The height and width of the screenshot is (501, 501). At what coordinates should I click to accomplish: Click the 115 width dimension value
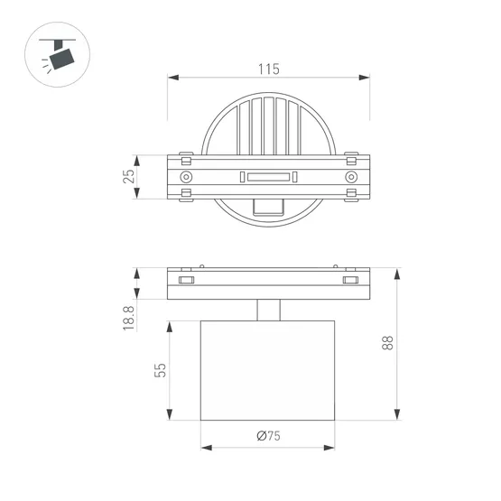click(x=268, y=69)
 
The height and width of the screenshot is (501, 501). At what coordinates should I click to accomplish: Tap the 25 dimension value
click(x=128, y=176)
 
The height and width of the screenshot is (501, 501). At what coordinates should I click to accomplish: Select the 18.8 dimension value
click(x=128, y=318)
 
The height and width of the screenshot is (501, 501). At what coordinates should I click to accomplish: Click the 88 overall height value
click(x=386, y=343)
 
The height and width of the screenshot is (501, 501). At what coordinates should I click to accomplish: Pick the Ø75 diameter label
click(x=268, y=436)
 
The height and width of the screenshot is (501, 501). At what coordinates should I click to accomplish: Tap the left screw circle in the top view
click(x=186, y=177)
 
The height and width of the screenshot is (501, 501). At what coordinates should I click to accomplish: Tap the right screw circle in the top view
click(x=351, y=177)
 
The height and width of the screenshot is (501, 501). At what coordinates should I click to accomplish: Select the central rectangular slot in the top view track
click(x=268, y=177)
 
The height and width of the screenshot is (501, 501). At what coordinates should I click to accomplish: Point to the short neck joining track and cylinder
click(x=268, y=310)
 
